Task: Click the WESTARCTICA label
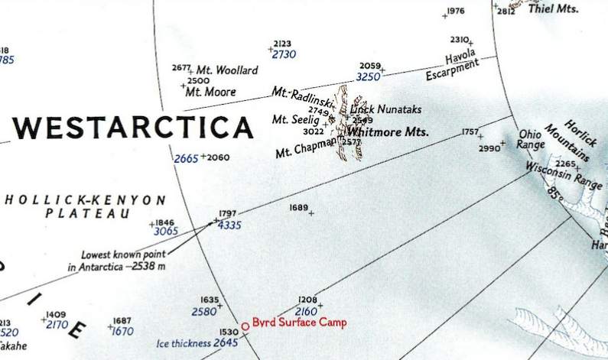click(132, 127)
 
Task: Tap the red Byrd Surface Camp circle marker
click(245, 326)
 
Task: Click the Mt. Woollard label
click(227, 70)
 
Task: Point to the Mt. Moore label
click(211, 92)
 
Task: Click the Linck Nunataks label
click(386, 109)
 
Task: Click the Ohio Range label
click(531, 139)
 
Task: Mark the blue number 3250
click(368, 77)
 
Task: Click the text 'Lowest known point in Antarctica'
click(116, 261)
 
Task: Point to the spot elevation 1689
click(299, 208)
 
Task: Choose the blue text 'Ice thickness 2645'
click(198, 343)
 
